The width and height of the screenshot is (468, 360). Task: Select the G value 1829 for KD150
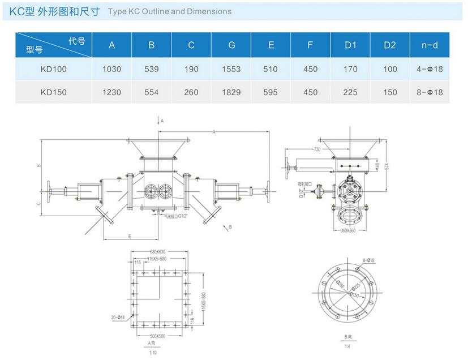231,92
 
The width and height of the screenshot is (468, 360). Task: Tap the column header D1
350,45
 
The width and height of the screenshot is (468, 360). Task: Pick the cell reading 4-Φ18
430,69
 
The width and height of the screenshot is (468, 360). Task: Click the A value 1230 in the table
112,92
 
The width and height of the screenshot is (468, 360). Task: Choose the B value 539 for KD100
152,69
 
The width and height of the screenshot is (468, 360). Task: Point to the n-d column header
430,45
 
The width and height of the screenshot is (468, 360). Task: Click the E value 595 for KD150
271,92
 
